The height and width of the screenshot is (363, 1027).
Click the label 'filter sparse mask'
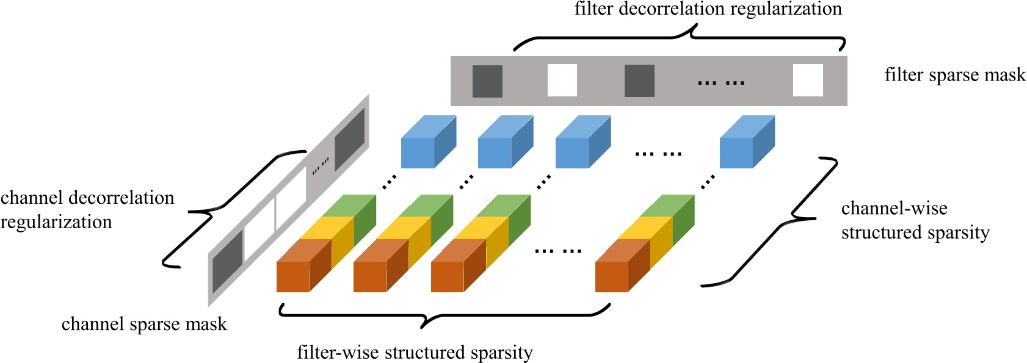[954, 75]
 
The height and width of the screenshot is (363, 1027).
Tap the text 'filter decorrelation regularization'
[708, 9]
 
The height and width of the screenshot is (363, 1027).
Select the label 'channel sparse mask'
[144, 324]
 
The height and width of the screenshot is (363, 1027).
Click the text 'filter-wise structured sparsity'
[415, 353]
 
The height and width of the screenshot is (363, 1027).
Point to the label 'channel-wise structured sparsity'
[914, 220]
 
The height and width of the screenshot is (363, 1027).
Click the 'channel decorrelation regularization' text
[87, 210]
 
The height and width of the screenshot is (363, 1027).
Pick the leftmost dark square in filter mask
[487, 81]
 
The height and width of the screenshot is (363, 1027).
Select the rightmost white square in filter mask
[807, 81]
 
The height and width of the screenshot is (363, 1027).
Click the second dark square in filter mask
[639, 81]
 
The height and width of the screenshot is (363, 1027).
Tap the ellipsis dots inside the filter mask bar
[721, 82]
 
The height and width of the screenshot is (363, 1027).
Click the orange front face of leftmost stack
[293, 277]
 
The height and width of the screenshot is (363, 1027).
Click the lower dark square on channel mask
[227, 262]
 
